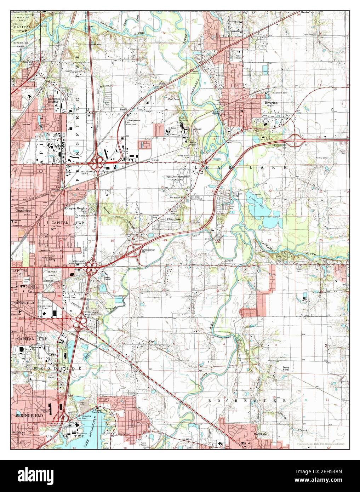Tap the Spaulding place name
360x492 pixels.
(x=237, y=31)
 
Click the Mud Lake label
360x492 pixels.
(x=173, y=99)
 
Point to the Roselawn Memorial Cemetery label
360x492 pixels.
(x=178, y=178)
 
